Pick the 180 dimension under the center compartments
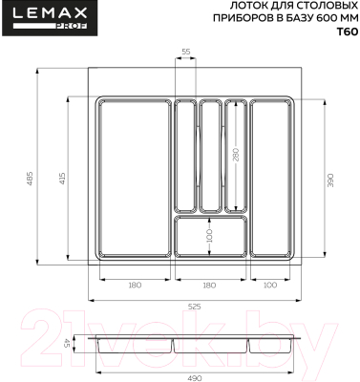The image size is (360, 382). point(210,285)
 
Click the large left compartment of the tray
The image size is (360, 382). point(135,178)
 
